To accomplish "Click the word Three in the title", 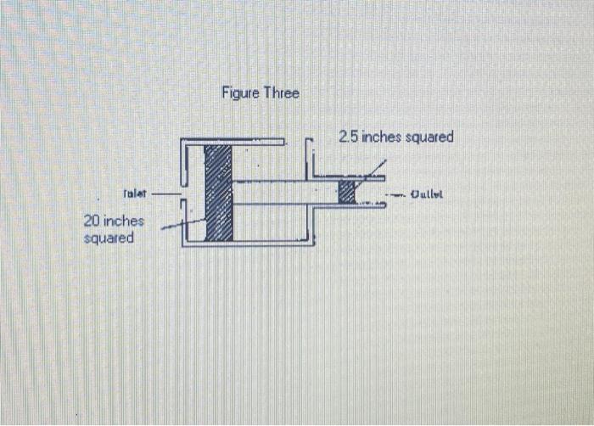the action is [282, 92].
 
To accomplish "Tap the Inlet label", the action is [136, 194].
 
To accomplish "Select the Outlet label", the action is [428, 194].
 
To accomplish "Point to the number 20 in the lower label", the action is [92, 221].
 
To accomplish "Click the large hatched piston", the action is [218, 193].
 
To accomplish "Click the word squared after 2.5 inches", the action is [429, 137].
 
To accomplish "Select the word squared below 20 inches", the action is [109, 238].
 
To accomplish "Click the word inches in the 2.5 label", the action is [381, 137].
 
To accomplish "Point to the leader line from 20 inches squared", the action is [182, 224].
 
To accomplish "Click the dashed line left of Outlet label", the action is [395, 194].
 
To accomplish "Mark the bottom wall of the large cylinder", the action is [246, 244].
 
